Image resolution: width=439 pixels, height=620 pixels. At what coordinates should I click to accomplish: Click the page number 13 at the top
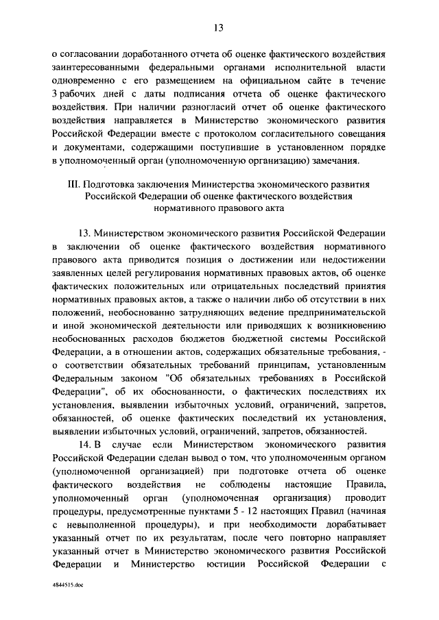click(x=219, y=27)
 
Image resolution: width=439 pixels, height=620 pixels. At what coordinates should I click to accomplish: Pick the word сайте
click(x=316, y=82)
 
